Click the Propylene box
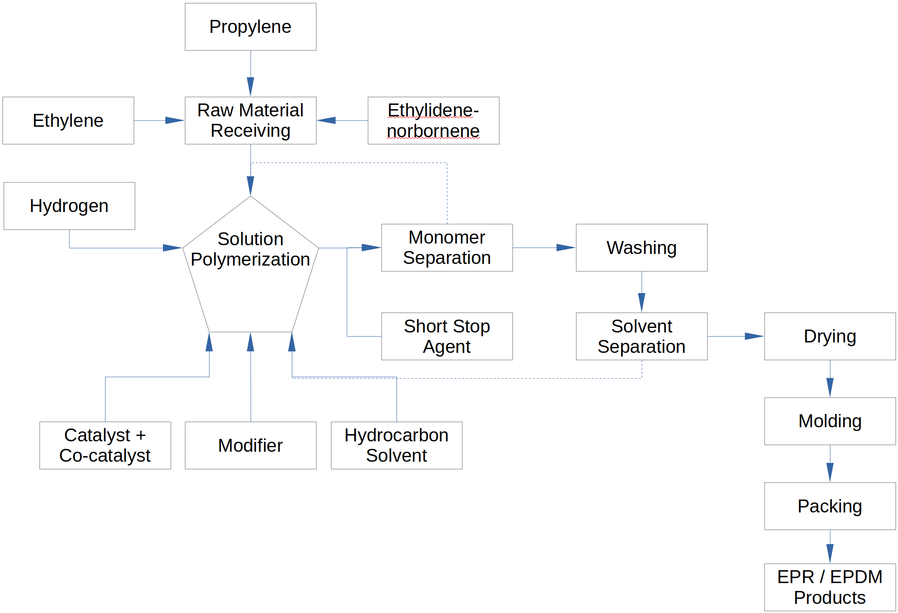[250, 27]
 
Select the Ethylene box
[68, 121]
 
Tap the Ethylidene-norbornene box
[433, 121]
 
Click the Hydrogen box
[69, 206]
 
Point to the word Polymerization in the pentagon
[250, 259]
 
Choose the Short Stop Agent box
[447, 336]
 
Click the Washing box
[641, 248]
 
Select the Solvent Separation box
[641, 336]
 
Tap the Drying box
[830, 336]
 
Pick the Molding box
[830, 421]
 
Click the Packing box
[830, 506]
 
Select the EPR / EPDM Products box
[830, 587]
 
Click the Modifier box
[250, 446]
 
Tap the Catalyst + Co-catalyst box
[105, 446]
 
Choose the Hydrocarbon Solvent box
[396, 446]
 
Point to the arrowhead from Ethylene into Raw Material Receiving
[174, 121]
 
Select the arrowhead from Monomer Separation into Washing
[565, 248]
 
